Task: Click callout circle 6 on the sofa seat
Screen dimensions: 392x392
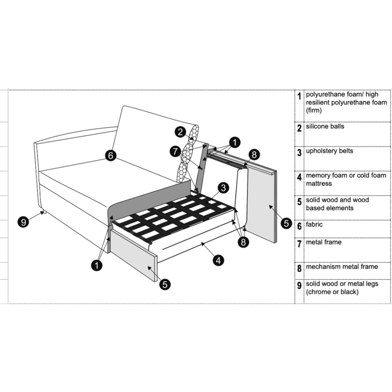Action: click(x=111, y=155)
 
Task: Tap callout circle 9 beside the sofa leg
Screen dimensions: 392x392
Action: click(x=24, y=222)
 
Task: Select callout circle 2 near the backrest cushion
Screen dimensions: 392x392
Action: click(x=180, y=132)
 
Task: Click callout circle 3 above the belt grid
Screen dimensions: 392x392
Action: click(x=223, y=188)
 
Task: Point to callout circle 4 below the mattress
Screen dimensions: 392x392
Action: click(x=219, y=260)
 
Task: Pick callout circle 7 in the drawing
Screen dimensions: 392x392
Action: click(x=175, y=151)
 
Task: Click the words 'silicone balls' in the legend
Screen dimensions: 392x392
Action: click(x=325, y=126)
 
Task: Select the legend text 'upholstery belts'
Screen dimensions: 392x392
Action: click(x=330, y=151)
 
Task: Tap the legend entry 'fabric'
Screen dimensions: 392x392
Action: click(x=314, y=224)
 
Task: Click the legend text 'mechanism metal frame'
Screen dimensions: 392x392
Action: click(x=342, y=267)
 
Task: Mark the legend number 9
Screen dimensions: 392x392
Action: click(x=299, y=286)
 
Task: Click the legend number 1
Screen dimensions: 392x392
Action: click(x=299, y=96)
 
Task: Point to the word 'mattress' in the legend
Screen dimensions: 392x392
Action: click(x=319, y=184)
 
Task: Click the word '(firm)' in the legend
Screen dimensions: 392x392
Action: click(x=314, y=111)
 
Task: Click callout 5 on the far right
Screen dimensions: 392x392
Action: click(x=286, y=223)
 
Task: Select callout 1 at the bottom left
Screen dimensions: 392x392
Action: click(x=97, y=265)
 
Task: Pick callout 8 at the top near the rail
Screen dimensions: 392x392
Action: click(x=254, y=155)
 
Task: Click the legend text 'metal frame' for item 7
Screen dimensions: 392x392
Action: click(x=324, y=242)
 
